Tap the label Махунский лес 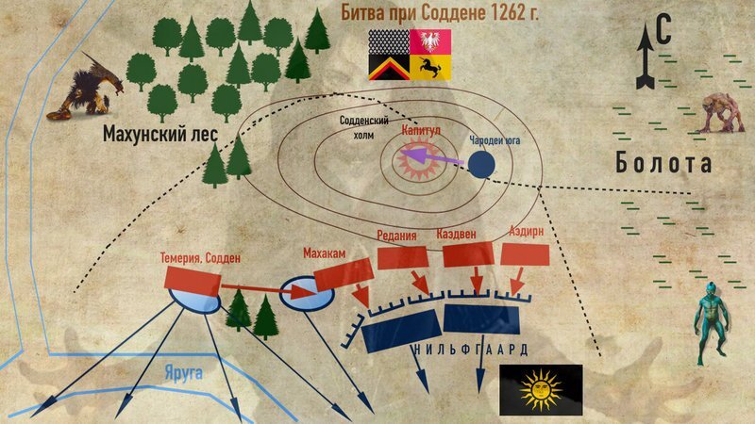pyautogui.click(x=160, y=135)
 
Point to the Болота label pyautogui.click(x=663, y=163)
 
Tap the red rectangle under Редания pyautogui.click(x=404, y=257)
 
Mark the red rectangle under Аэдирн pyautogui.click(x=527, y=254)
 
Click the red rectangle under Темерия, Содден pyautogui.click(x=193, y=276)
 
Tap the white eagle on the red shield pyautogui.click(x=431, y=41)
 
